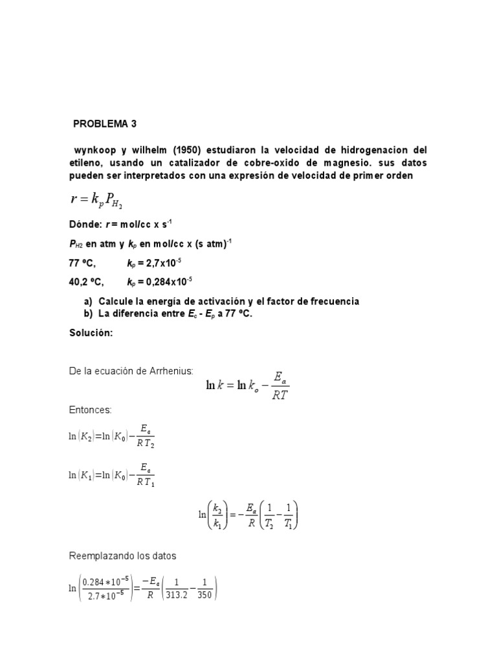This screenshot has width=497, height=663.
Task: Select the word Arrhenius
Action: point(170,371)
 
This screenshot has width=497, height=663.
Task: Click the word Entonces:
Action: point(90,410)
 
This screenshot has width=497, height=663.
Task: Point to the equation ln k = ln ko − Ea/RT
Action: point(247,387)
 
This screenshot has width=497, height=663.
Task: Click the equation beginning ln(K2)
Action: point(111,436)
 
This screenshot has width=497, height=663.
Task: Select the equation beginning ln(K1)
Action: point(111,475)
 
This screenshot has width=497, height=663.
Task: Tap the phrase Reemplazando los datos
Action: point(122,556)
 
